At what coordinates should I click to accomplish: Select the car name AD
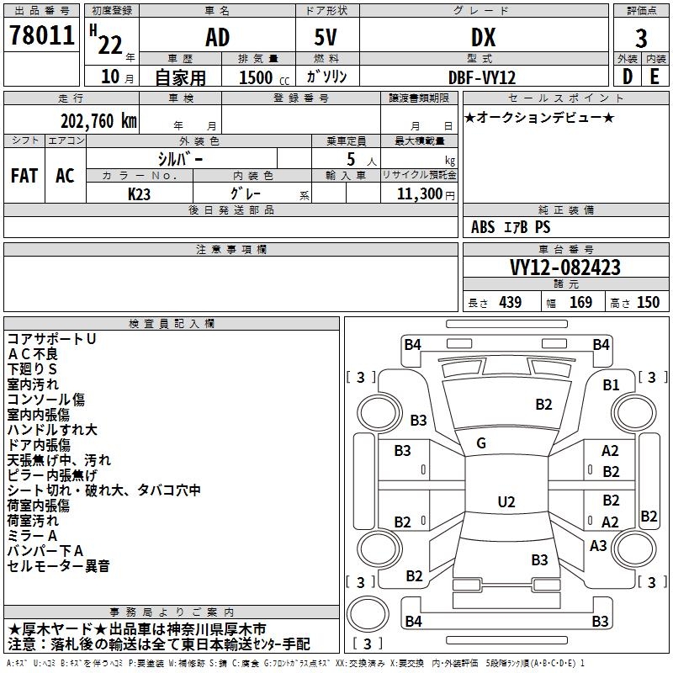pos(217,37)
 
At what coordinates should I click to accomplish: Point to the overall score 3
pos(641,39)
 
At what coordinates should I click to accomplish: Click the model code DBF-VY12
pos(483,77)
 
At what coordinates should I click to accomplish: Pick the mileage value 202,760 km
pos(98,119)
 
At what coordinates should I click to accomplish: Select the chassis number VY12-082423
pos(565,268)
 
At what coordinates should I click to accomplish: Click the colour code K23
pos(140,193)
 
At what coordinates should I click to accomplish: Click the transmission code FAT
pos(24,176)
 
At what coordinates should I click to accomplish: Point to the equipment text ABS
pos(483,227)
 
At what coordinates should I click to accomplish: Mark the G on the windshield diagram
pos(481,443)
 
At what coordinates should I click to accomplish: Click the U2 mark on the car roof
pos(506,502)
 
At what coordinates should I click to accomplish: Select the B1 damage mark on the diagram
pos(611,385)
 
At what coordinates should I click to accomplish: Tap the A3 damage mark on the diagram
pos(598,545)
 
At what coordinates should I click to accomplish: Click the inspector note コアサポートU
pos(51,339)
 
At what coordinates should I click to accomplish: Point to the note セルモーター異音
pos(58,566)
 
